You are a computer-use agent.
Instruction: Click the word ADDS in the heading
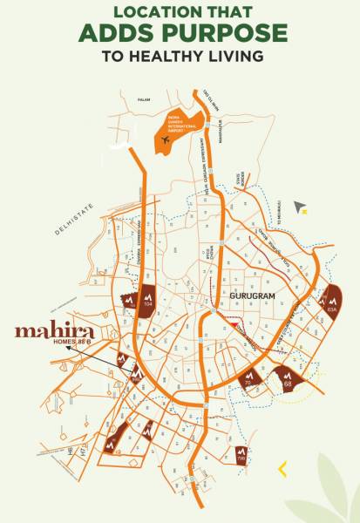pos(115,33)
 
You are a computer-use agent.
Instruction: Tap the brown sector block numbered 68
pos(289,377)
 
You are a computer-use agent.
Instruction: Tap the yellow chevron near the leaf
pos(282,469)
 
